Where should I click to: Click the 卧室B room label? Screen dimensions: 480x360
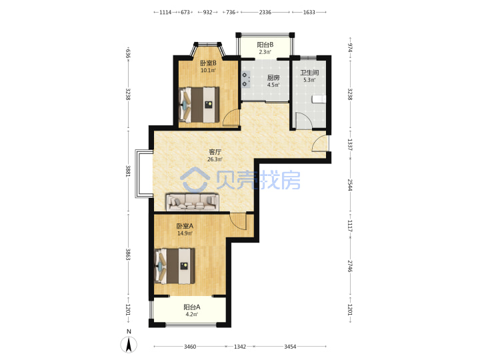tap(208, 63)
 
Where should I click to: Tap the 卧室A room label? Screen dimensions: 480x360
tap(185, 226)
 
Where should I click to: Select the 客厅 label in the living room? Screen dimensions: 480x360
tap(215, 152)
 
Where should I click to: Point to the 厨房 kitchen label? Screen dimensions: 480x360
tap(273, 78)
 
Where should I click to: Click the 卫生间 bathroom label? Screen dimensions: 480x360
tap(309, 73)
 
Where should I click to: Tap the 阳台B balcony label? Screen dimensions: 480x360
tap(265, 45)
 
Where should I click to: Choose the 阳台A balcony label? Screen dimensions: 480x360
tap(192, 307)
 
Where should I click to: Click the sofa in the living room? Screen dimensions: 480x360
tap(193, 202)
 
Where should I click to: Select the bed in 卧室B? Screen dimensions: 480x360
tap(199, 105)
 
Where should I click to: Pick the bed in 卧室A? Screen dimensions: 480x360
tap(175, 266)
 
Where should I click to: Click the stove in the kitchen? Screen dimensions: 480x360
tap(246, 79)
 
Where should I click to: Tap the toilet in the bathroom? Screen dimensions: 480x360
tap(319, 99)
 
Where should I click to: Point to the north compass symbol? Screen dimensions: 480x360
tap(129, 344)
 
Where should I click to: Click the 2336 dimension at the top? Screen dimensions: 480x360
tap(265, 12)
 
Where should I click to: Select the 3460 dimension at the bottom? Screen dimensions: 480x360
tap(190, 347)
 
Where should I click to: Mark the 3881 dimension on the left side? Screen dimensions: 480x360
tap(128, 171)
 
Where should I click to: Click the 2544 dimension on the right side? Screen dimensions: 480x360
tap(350, 185)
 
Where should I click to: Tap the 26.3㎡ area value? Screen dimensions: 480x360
tap(215, 159)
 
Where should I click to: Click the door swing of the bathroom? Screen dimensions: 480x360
tap(304, 120)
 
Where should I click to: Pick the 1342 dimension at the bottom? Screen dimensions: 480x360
tap(240, 347)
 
